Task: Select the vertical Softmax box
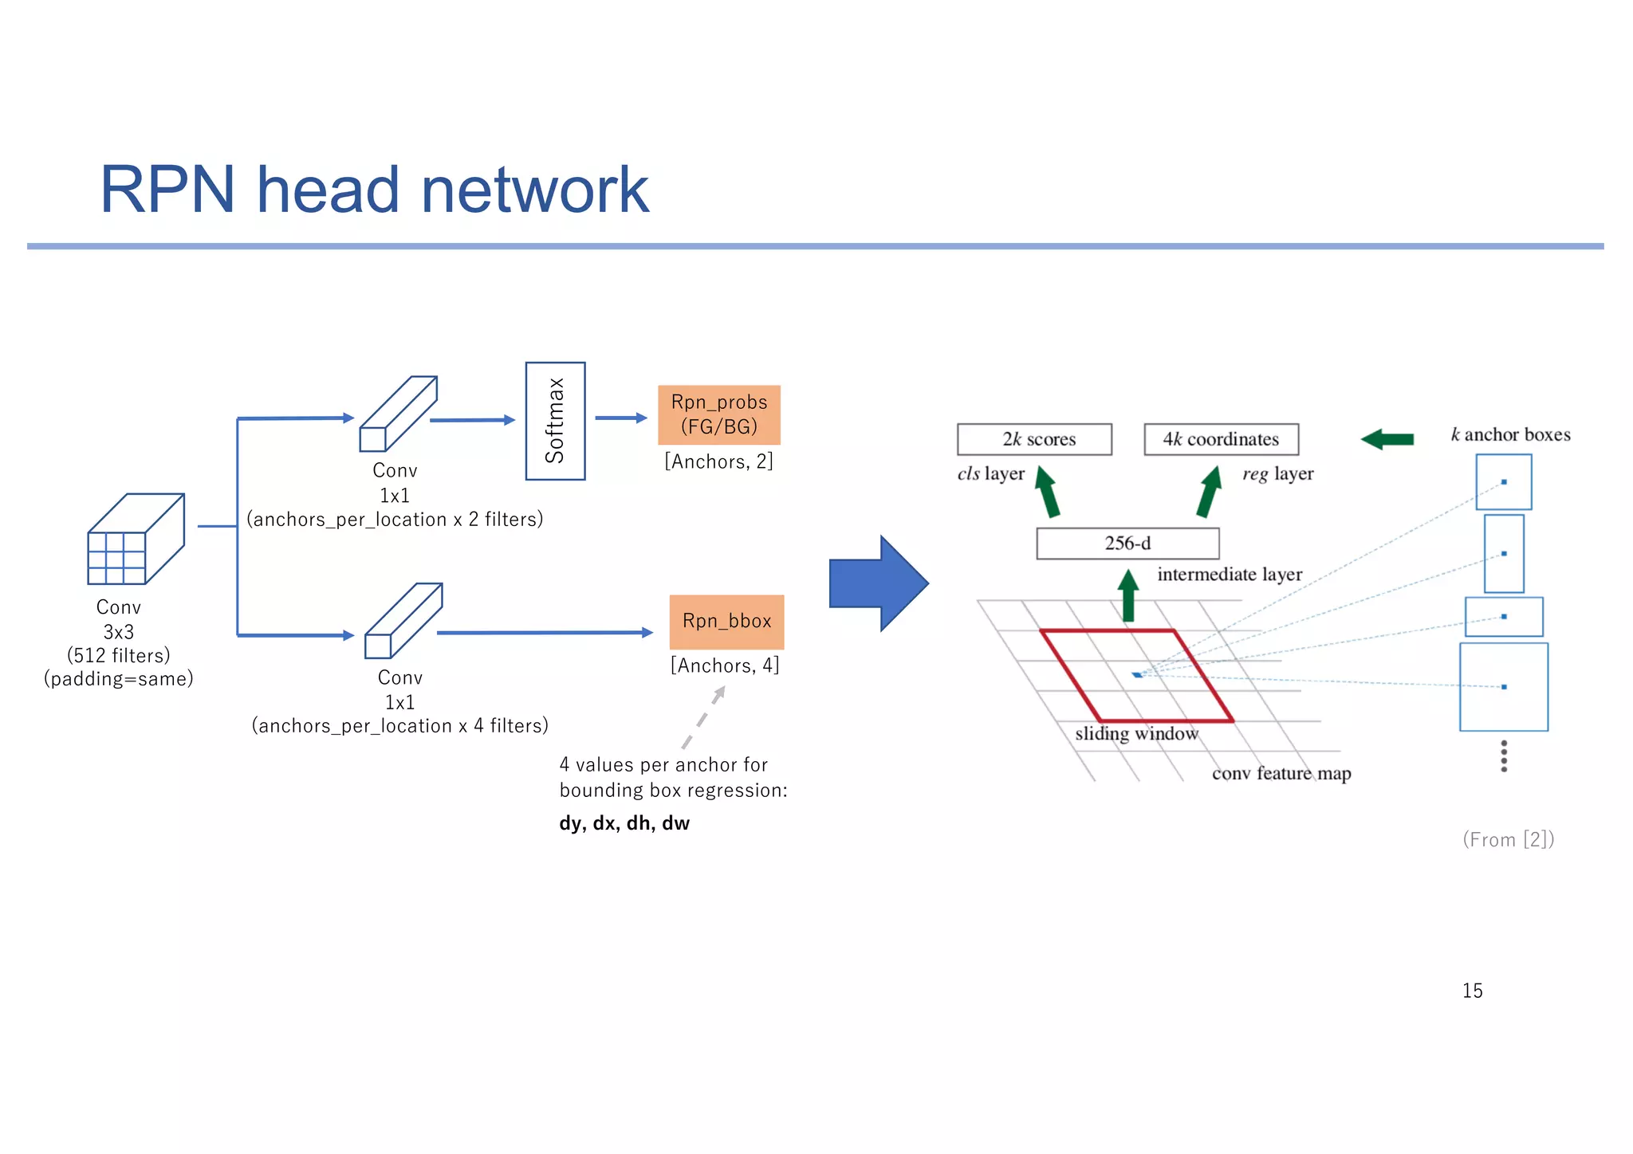click(555, 421)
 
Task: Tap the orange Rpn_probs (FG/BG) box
click(718, 414)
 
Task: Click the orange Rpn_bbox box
click(726, 622)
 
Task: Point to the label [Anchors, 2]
click(718, 461)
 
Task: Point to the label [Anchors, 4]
click(724, 665)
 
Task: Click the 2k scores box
click(1034, 439)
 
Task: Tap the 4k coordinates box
click(1221, 439)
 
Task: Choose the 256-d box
click(1127, 544)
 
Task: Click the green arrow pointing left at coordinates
click(1387, 439)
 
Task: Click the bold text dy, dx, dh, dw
click(624, 823)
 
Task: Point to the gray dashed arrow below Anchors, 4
click(702, 717)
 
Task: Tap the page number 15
click(1472, 991)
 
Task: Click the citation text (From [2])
click(1508, 839)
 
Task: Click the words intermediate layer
click(1229, 575)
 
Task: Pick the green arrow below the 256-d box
click(1127, 596)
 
